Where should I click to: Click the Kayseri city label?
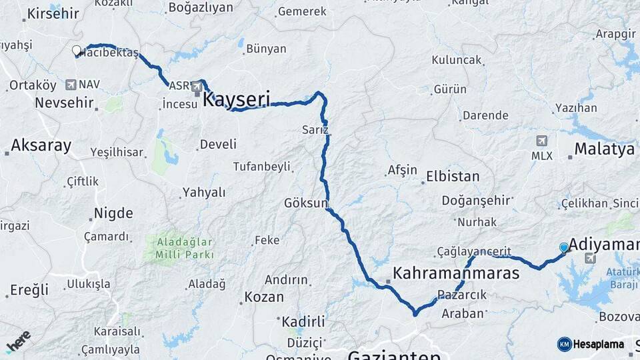(x=236, y=100)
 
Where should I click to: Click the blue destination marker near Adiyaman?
(x=564, y=248)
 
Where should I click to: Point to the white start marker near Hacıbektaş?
(x=77, y=50)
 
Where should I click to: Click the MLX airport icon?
(x=541, y=141)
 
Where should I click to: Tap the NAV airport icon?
(x=71, y=85)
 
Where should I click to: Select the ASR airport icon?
(x=196, y=86)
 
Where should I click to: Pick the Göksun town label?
(x=306, y=202)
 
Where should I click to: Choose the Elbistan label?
(x=451, y=177)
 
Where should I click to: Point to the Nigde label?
(x=113, y=213)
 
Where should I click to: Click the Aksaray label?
(x=41, y=145)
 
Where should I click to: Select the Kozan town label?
(x=264, y=297)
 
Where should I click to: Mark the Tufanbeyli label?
(x=261, y=166)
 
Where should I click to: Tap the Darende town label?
(x=485, y=115)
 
